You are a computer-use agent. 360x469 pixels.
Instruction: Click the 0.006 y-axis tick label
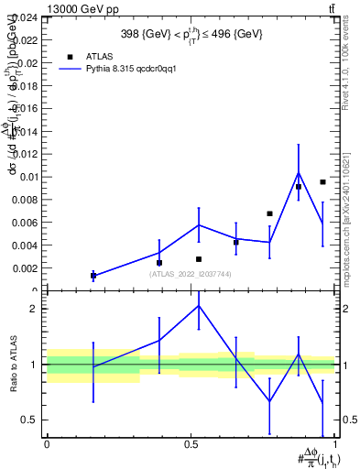[x=26, y=223]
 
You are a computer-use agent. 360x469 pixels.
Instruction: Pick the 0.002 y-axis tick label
[x=26, y=268]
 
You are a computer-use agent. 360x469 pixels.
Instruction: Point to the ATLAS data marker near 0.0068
[x=269, y=213]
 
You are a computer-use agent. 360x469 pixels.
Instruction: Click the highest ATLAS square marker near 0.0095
[x=323, y=182]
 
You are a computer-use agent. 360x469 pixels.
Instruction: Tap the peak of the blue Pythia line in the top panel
[x=298, y=172]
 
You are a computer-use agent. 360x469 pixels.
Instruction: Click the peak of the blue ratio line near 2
[x=199, y=305]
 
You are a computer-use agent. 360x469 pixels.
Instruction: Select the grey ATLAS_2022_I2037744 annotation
[x=191, y=274]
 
